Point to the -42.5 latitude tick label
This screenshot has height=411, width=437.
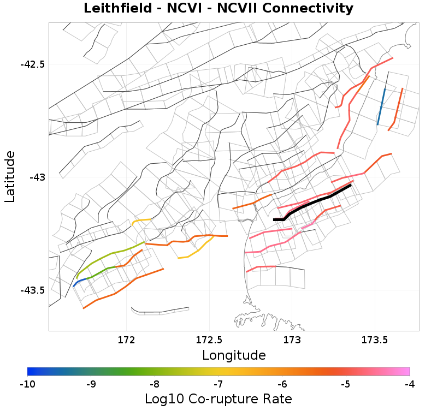coord(32,64)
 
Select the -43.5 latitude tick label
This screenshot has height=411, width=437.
coord(32,290)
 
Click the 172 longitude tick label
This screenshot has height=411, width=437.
coord(126,340)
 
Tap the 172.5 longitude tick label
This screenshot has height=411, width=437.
coord(209,340)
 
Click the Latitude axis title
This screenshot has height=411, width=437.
coord(10,177)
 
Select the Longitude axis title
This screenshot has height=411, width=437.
coord(234,355)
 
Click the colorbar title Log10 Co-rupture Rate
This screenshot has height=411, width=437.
coord(218,398)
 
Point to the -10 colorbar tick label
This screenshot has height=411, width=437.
coord(27,384)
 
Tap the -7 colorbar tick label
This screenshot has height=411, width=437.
coord(218,384)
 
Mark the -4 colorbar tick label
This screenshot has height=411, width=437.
coord(410,384)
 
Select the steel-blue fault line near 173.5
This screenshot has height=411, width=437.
coord(381,106)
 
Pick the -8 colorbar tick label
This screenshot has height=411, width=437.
coord(155,384)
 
